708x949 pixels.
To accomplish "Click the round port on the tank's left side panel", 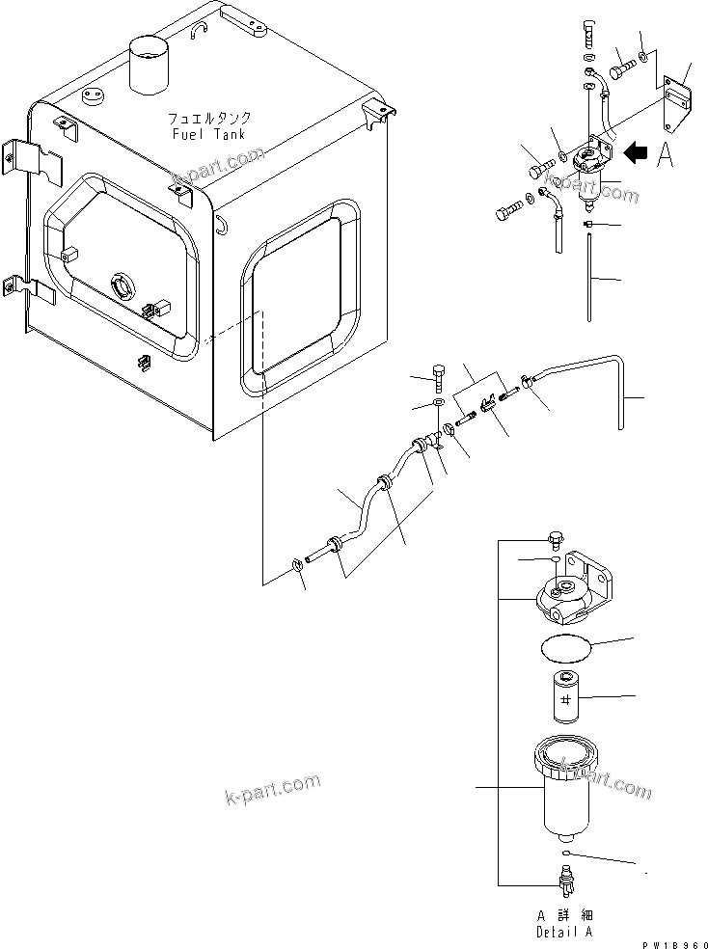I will [x=124, y=286].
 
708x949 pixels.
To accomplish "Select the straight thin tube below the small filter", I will [x=586, y=280].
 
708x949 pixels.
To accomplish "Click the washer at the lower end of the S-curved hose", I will [x=298, y=568].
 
